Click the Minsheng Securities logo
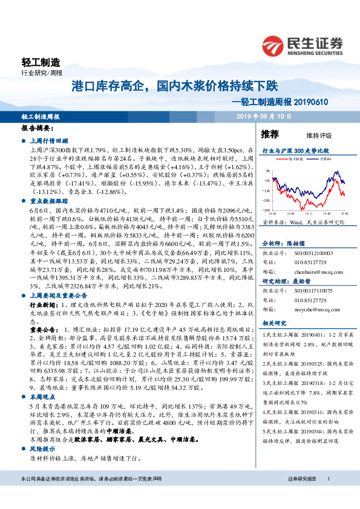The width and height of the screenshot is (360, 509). click(x=302, y=44)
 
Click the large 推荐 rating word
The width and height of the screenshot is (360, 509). click(x=269, y=133)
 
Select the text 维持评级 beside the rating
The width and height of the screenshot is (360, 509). click(x=309, y=134)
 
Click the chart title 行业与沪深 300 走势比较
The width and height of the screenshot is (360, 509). click(x=296, y=148)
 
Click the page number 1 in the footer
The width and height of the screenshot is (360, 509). click(x=327, y=495)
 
